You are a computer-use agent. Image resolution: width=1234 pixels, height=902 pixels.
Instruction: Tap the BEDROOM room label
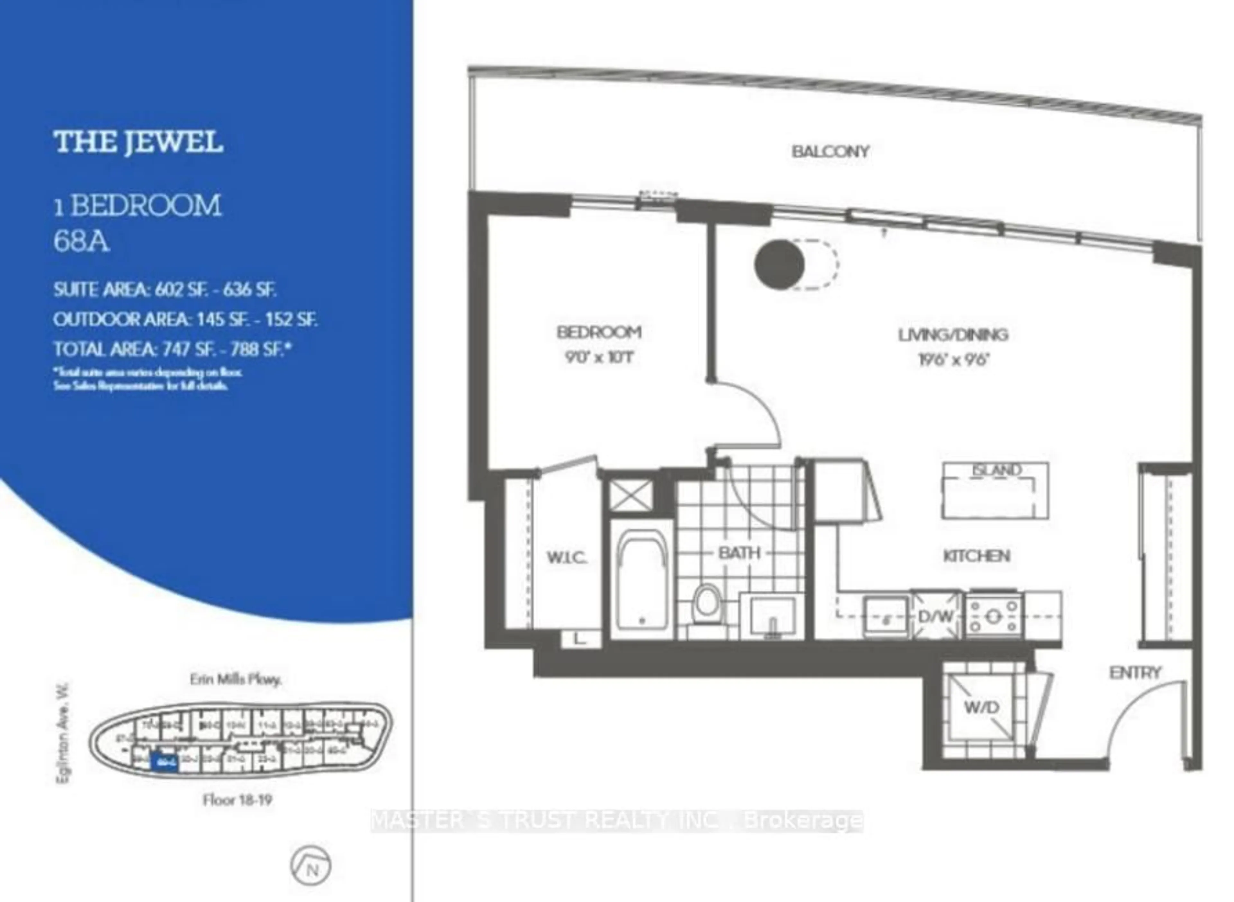tap(599, 332)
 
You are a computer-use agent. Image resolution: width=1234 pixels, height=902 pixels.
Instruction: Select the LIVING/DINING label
tap(953, 334)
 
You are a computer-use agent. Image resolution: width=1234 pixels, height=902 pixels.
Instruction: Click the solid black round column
tap(779, 264)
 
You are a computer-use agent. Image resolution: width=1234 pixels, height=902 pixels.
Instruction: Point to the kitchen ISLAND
tap(995, 490)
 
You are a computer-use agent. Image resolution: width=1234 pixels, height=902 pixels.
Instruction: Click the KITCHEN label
tap(977, 556)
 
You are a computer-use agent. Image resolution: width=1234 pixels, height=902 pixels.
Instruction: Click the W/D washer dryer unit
tap(981, 708)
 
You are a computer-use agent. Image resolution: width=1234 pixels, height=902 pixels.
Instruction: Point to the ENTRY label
tap(1135, 673)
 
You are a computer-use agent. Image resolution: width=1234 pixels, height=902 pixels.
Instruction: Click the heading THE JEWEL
tap(138, 142)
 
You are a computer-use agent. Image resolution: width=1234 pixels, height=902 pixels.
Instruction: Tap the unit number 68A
tap(81, 241)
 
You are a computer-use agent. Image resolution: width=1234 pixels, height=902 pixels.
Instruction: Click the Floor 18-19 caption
tap(237, 800)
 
